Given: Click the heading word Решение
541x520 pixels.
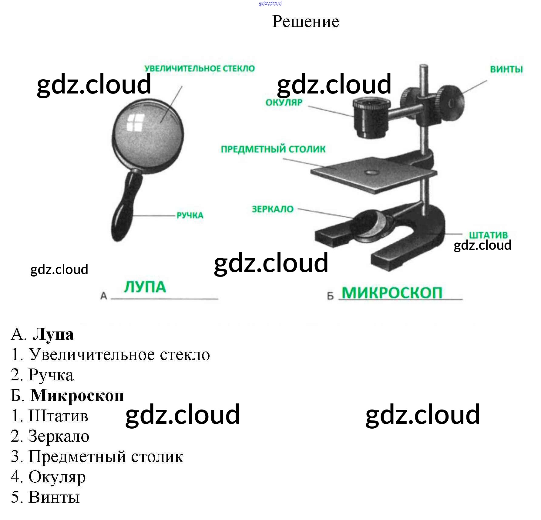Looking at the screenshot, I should click(x=305, y=22).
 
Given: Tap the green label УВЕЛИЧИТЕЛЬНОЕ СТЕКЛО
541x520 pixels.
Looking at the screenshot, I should click(x=200, y=68).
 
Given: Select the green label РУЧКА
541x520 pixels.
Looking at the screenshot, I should click(x=190, y=215).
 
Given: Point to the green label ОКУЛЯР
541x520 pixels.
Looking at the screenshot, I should click(x=284, y=102).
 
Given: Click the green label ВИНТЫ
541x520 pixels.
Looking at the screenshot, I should click(x=506, y=69).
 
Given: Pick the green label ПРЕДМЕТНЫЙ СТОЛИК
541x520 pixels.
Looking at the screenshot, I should click(x=273, y=149).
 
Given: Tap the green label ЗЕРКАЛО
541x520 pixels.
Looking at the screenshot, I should click(x=273, y=209).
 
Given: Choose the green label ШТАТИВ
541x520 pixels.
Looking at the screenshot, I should click(x=488, y=235).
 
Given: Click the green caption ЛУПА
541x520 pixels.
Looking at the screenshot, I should click(x=145, y=287).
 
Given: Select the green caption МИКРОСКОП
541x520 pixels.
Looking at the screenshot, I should click(x=392, y=293).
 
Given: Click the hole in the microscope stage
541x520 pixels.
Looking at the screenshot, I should click(x=371, y=172).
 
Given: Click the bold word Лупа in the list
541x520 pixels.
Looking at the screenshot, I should click(x=53, y=334).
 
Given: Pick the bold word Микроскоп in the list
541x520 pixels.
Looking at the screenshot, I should click(x=77, y=395).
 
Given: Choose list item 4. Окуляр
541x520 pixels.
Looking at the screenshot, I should click(x=49, y=477).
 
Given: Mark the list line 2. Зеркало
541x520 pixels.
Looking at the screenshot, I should click(x=50, y=436).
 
